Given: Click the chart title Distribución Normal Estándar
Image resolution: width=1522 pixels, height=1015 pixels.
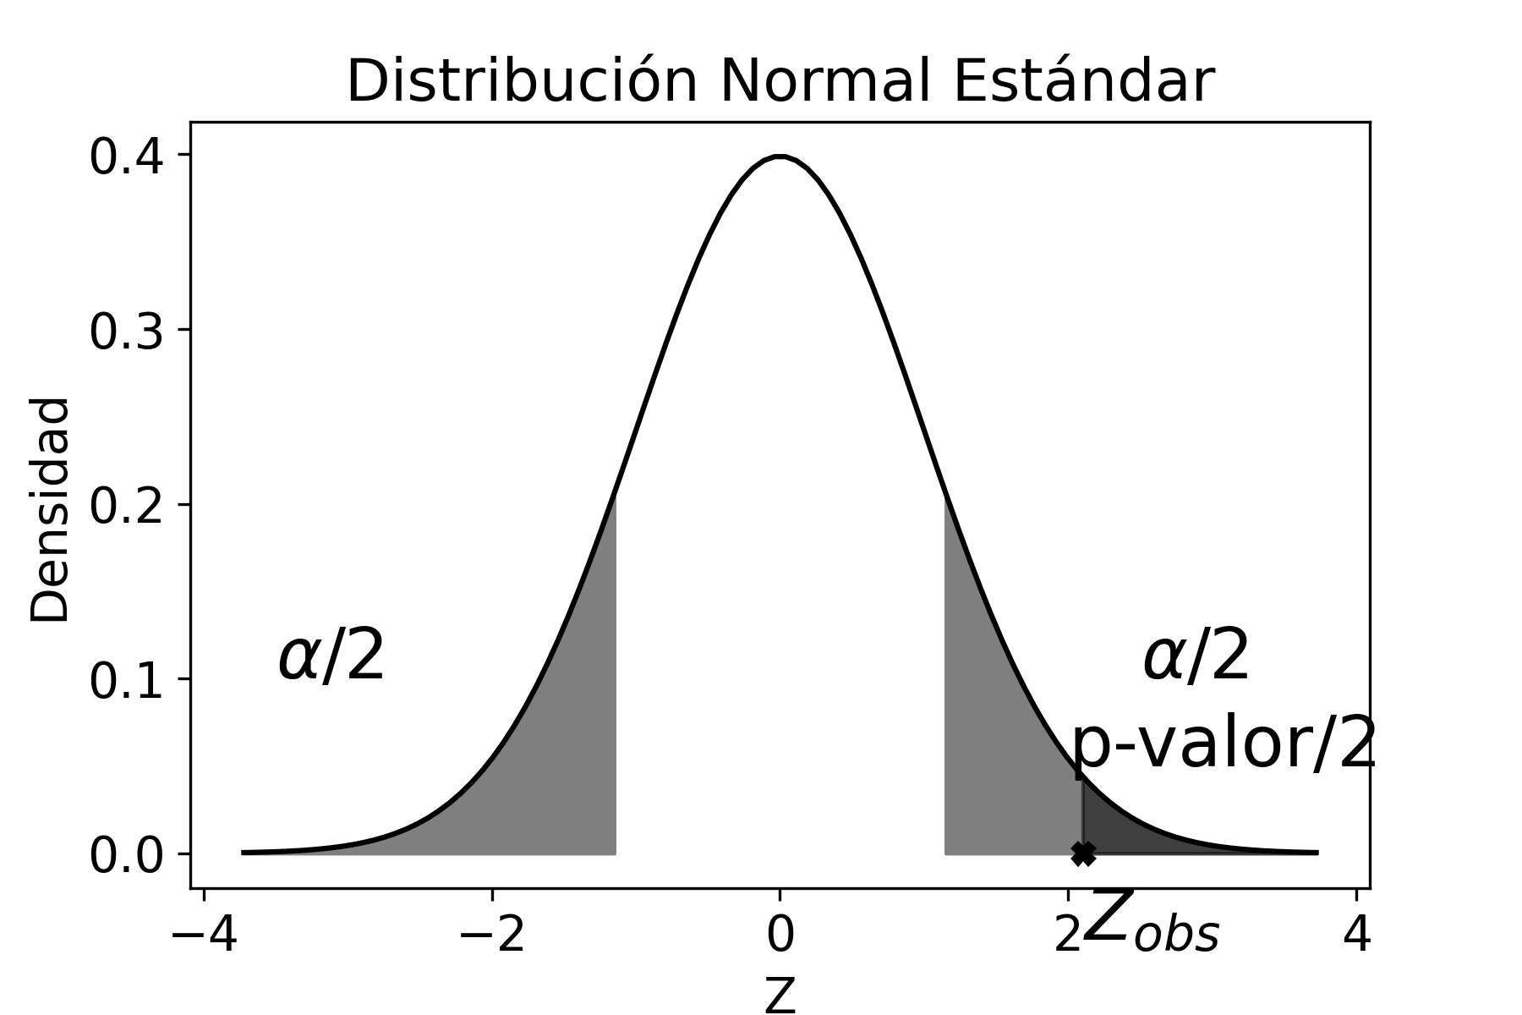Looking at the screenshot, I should click(780, 82).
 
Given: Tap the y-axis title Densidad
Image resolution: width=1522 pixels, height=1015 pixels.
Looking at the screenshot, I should click(50, 510).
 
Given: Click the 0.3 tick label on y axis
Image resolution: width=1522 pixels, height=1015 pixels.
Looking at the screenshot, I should click(127, 332).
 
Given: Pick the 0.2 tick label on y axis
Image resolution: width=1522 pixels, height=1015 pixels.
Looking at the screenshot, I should click(127, 506).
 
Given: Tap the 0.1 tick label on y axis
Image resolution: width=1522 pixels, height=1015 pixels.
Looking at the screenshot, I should click(127, 680).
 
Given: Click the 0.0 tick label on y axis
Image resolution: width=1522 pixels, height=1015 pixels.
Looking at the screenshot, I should click(127, 855).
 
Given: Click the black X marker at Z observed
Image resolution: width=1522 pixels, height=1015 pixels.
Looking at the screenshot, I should click(1083, 853).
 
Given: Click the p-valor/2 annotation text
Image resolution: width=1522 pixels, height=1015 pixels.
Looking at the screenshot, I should click(1224, 744).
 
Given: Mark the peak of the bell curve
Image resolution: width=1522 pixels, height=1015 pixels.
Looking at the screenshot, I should click(780, 156).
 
